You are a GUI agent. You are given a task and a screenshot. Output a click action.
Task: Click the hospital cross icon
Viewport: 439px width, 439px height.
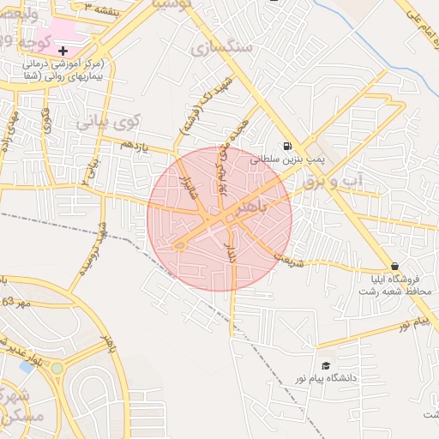[x=63, y=51]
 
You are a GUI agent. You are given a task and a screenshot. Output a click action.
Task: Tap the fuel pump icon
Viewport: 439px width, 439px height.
[x=286, y=145]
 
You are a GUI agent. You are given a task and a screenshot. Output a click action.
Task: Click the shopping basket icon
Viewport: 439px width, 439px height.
[x=394, y=266]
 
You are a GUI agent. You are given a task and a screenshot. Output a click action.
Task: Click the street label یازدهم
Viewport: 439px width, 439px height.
[x=135, y=147]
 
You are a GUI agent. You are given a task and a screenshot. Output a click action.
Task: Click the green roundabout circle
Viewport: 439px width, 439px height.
[x=57, y=368]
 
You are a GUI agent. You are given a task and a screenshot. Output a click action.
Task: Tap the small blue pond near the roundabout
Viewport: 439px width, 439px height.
[x=27, y=367]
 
